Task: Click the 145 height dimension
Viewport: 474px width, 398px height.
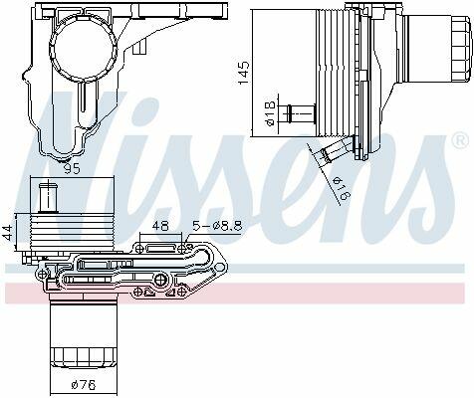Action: (x=244, y=73)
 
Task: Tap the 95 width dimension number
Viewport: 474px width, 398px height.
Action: (x=72, y=169)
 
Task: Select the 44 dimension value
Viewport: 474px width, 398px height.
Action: (x=8, y=232)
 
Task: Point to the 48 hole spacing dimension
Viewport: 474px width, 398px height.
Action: (x=160, y=226)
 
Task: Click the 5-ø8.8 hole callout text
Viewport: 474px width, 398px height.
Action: (x=218, y=226)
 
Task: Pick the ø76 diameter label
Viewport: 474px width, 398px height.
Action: (x=84, y=385)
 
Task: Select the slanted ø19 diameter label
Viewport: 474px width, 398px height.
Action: (x=342, y=187)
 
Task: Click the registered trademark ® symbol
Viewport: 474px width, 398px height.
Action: (x=461, y=141)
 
